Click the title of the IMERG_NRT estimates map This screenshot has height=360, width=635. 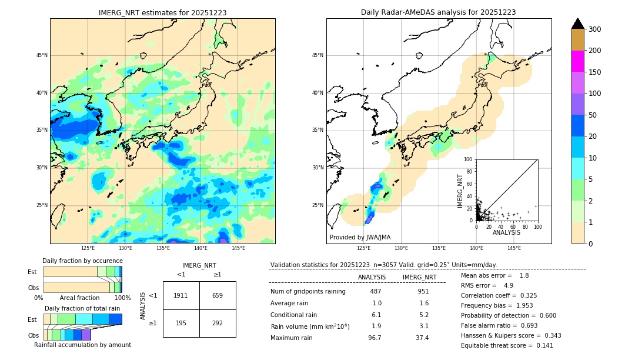162,12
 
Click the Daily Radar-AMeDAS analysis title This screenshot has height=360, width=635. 438,12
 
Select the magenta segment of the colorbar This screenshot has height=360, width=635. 577,61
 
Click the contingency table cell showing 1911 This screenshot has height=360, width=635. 181,295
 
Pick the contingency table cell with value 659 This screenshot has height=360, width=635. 218,295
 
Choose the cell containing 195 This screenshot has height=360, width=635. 181,323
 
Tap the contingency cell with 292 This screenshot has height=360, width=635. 218,323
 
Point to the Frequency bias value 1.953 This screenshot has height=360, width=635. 524,306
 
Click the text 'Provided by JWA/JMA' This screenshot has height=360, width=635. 360,237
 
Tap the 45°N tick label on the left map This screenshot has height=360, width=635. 41,55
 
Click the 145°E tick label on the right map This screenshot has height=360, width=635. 514,248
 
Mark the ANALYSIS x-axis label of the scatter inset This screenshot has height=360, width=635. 506,233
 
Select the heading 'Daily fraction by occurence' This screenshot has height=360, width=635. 82,261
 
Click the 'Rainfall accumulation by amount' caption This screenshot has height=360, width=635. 82,345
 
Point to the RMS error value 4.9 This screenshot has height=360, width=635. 508,285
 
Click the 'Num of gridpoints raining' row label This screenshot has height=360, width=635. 308,291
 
